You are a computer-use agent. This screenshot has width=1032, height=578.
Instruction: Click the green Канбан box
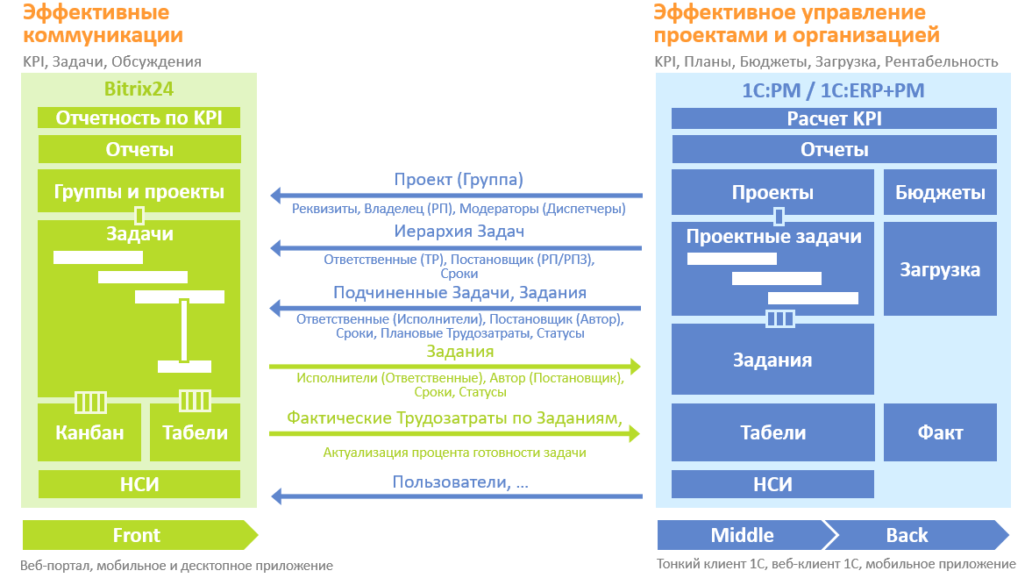tap(89, 432)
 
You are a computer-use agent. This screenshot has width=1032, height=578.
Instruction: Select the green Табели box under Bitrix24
tap(195, 432)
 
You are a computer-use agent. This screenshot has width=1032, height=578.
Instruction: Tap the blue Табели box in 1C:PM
tap(772, 432)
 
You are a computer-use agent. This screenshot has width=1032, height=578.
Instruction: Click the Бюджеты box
tap(940, 193)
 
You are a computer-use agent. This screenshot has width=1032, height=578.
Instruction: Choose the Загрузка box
tap(940, 269)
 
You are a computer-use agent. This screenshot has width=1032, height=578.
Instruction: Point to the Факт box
tap(940, 432)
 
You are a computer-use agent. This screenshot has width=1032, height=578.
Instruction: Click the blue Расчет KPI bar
tap(834, 119)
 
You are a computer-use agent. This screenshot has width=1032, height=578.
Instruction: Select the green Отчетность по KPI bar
tap(139, 118)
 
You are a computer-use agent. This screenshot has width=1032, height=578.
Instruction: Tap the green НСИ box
tap(139, 484)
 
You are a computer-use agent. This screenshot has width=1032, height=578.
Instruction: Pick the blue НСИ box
tap(772, 484)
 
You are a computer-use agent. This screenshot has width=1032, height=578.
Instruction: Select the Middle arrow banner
tap(742, 535)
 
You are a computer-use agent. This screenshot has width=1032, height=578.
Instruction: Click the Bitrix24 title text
tap(139, 89)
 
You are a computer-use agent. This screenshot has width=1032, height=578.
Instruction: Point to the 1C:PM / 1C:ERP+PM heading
tap(833, 90)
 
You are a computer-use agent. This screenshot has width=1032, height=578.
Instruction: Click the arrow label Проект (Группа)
tap(458, 180)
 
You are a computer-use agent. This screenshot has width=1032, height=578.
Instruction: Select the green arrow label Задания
tap(459, 352)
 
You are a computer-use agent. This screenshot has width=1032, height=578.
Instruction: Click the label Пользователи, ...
tap(459, 482)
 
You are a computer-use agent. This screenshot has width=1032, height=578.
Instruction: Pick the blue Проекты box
tap(772, 193)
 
